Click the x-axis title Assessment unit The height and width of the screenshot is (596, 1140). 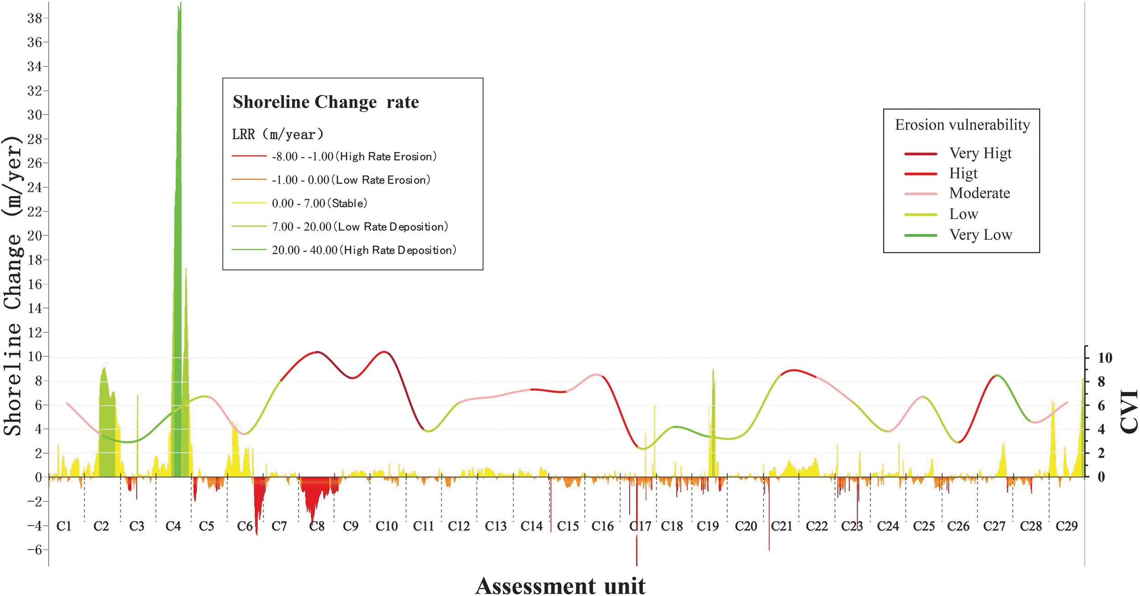(x=560, y=586)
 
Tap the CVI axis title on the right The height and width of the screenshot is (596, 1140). (x=1129, y=411)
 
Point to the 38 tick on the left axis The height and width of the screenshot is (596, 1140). (x=35, y=18)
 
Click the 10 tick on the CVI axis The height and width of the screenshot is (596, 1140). (x=1104, y=358)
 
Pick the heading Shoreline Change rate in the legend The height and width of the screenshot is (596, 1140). (x=326, y=102)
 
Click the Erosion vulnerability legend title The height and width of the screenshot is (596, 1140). (x=962, y=125)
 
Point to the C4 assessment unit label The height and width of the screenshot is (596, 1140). (x=173, y=526)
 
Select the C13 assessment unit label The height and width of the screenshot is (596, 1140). (x=496, y=526)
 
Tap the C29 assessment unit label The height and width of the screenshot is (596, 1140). (x=1067, y=526)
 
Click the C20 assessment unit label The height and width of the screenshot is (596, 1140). (x=746, y=526)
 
